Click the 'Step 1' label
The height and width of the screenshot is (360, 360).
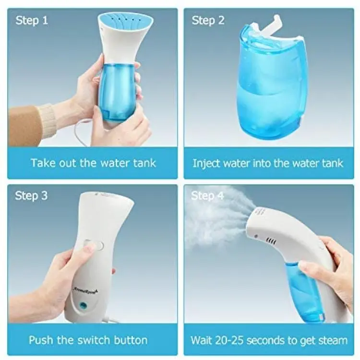click(x=32, y=20)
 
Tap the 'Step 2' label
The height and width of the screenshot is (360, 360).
click(x=208, y=20)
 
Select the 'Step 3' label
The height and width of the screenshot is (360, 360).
click(x=31, y=196)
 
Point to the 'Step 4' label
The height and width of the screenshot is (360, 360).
click(x=207, y=196)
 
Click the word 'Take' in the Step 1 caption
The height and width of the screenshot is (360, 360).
click(x=43, y=163)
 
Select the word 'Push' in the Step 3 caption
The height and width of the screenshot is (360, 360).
click(x=41, y=340)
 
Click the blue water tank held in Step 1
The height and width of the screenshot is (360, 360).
click(x=116, y=92)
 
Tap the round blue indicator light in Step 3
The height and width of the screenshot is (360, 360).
click(x=83, y=305)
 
